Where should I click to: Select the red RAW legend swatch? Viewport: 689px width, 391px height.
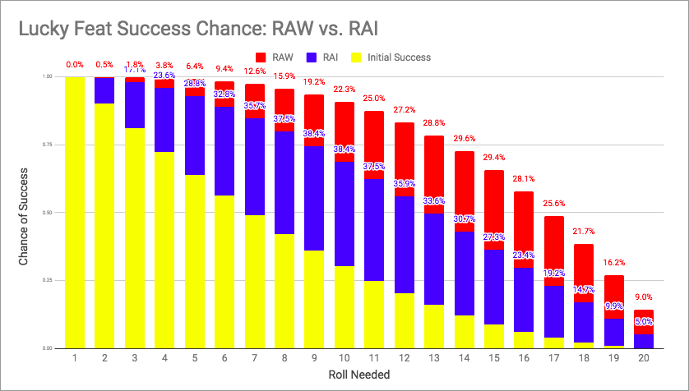pyautogui.click(x=262, y=57)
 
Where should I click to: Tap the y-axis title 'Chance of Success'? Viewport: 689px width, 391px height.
pyautogui.click(x=25, y=212)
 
